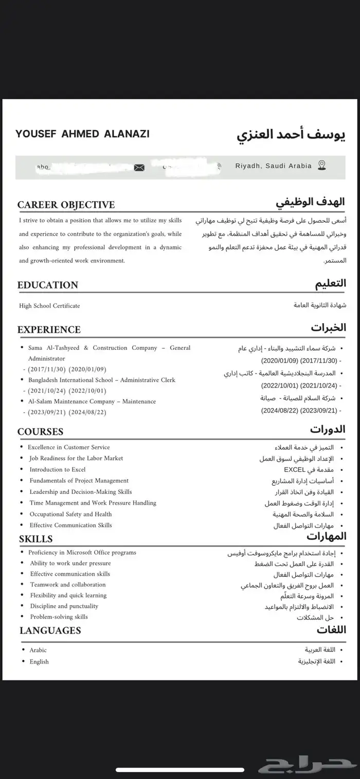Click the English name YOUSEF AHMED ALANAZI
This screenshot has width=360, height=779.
[82, 134]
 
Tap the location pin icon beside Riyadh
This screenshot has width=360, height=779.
[322, 165]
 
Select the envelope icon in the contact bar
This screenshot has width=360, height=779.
[139, 167]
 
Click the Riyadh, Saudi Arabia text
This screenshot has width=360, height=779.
[273, 166]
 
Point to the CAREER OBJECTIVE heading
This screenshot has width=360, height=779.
[66, 205]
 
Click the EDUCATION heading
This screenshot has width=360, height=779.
[48, 285]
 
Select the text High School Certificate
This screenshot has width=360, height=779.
[49, 306]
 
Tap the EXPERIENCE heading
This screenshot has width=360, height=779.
[49, 329]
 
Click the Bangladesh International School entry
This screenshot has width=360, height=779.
[102, 380]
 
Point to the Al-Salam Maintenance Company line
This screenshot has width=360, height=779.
[92, 401]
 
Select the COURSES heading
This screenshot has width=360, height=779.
[40, 432]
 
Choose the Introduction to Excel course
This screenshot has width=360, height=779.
[58, 469]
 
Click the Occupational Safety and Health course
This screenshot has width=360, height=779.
[70, 514]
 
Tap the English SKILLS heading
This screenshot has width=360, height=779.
[36, 539]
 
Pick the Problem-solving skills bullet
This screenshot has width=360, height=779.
[59, 616]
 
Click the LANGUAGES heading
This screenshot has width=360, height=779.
[50, 630]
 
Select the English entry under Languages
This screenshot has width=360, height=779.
[39, 662]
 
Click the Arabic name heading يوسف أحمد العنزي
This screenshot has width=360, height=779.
[291, 135]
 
